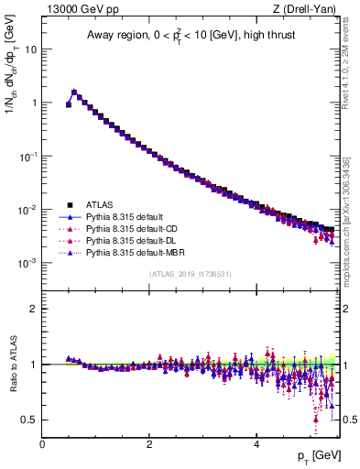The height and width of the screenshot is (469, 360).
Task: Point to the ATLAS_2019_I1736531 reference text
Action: [x=191, y=274]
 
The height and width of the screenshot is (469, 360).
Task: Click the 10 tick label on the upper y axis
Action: [x=31, y=49]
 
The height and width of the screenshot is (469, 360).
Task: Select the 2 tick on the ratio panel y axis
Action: [x=34, y=309]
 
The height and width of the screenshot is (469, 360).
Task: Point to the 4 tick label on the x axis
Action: [x=256, y=443]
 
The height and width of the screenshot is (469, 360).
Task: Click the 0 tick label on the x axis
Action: [x=42, y=443]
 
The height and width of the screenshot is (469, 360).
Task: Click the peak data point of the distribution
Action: [x=74, y=92]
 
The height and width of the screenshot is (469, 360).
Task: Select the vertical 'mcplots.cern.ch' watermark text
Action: [x=352, y=229]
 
